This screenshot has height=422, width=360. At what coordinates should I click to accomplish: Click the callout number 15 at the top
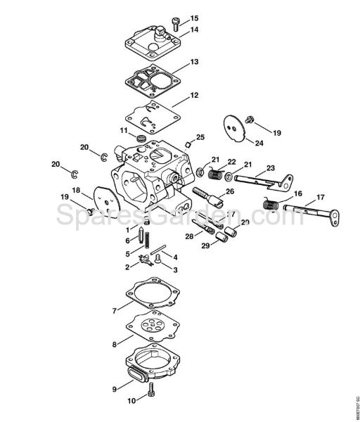[x=194, y=18]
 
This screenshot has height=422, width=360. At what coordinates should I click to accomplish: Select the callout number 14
[x=194, y=30]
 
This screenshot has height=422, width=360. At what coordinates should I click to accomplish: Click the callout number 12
[x=194, y=95]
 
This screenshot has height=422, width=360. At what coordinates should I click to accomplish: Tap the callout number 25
[x=200, y=136]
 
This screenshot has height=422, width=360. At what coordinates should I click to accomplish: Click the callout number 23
[x=269, y=168]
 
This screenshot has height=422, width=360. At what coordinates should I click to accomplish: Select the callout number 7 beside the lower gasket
[x=113, y=310]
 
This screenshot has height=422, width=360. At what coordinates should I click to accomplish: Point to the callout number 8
[x=113, y=345]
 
